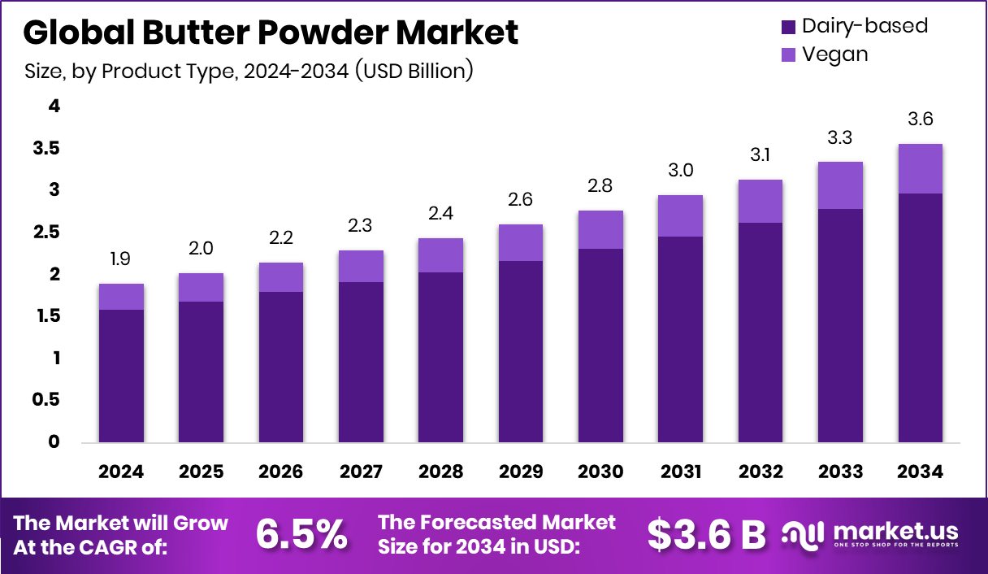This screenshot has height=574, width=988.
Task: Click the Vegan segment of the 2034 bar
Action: pos(921,168)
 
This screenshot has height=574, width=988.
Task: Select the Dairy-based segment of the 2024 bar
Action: pos(121,376)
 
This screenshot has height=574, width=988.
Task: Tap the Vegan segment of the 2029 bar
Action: pos(521,242)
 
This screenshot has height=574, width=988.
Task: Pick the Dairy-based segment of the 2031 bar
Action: pos(680,339)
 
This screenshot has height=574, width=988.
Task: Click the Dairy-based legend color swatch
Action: pos(788,27)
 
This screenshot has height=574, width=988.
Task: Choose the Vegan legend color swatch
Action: pos(788,55)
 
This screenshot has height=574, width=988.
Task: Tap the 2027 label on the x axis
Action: pos(361,472)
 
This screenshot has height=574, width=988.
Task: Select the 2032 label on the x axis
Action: pos(760,472)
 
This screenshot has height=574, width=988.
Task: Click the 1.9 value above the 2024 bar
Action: pos(121,259)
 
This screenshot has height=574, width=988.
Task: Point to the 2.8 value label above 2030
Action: pos(600,187)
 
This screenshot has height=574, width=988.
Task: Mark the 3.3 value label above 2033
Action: pos(840,137)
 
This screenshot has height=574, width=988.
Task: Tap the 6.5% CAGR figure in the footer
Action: pos(301,534)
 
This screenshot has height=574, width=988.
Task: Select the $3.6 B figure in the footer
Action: pos(706,534)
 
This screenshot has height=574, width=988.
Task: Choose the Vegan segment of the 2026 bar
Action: pos(281,277)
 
